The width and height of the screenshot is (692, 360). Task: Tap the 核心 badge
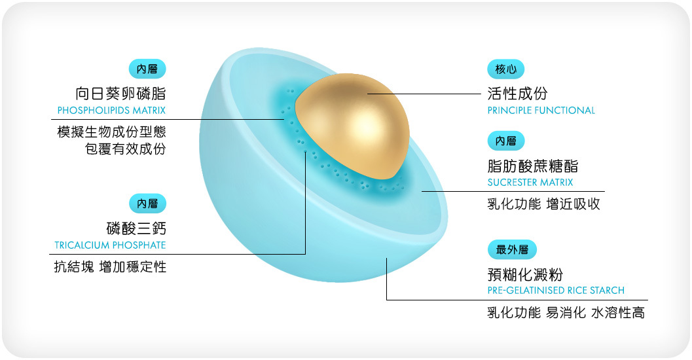tap(505, 69)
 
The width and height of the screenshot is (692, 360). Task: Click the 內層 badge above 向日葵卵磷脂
tap(147, 69)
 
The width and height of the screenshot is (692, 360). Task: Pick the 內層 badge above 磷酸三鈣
tap(147, 204)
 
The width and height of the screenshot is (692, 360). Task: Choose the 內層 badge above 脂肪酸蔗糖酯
tap(505, 141)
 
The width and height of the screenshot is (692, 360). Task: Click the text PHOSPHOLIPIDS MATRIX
tap(111, 110)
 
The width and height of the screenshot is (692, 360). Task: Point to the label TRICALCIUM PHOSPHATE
tap(110, 245)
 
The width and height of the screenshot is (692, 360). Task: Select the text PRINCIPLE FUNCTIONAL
tap(541, 110)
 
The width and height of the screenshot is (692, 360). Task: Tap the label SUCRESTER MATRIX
tap(530, 182)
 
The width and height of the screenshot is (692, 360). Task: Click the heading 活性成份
tap(517, 93)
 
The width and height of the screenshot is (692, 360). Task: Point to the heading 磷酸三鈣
tap(136, 228)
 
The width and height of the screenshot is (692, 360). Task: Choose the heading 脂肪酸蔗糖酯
tap(532, 166)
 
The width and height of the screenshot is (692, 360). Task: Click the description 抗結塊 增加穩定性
tap(110, 267)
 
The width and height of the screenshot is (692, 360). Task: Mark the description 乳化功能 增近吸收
tap(543, 204)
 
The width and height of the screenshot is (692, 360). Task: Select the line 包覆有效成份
tap(126, 149)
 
